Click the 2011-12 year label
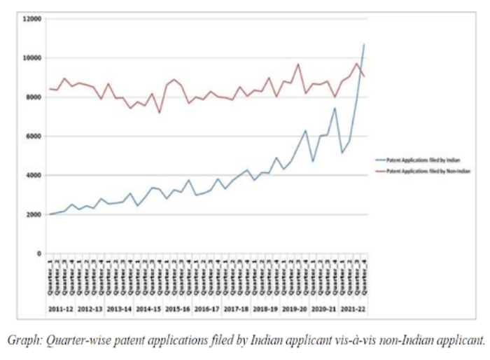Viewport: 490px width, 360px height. tap(61, 307)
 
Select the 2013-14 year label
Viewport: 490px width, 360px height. tap(119, 307)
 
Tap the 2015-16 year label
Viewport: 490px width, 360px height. tap(177, 307)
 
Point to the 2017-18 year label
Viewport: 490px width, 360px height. tap(235, 307)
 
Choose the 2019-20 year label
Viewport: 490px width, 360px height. tap(293, 307)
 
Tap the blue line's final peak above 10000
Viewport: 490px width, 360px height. tap(364, 44)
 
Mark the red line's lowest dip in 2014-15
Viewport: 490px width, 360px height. tap(159, 113)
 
